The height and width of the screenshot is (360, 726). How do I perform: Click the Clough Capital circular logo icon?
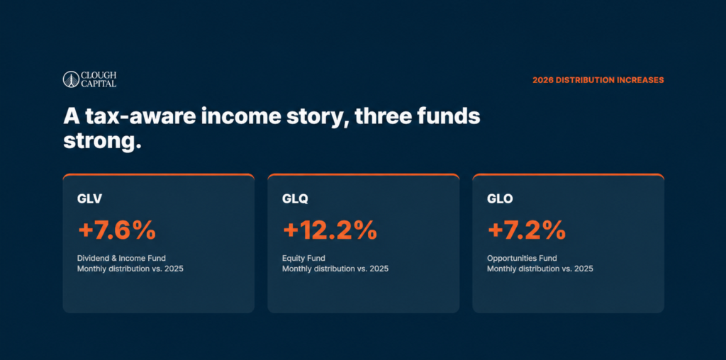[x=72, y=79]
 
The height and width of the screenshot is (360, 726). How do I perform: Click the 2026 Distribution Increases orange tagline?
[x=598, y=80]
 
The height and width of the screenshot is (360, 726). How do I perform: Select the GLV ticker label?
[x=89, y=199]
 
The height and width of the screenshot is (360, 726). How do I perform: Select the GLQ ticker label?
[x=295, y=199]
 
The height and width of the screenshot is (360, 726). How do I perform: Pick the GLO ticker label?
[x=500, y=199]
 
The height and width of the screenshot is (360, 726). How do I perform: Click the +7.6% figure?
[x=117, y=230]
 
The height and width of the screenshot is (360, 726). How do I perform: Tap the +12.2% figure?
[x=330, y=230]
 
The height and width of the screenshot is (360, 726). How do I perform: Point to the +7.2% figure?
[x=526, y=230]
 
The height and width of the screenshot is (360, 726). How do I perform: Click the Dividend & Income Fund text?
[x=121, y=258]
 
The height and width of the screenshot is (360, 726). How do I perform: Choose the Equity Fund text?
[x=303, y=258]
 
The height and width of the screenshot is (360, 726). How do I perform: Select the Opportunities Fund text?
[x=522, y=258]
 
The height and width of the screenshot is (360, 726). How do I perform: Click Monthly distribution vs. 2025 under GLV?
[x=130, y=269]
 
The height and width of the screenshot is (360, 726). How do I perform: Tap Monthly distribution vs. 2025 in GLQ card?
[x=335, y=269]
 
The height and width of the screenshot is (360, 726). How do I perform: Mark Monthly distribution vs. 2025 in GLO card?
[x=540, y=269]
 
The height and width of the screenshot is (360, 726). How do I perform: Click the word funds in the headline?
[x=448, y=117]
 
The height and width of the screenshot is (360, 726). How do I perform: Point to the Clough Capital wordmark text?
[x=99, y=79]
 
